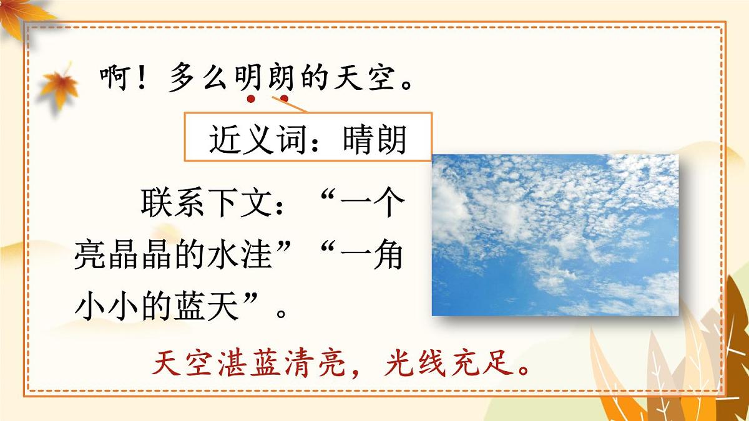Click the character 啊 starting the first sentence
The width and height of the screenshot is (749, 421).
click(114, 79)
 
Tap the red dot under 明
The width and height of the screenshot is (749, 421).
click(251, 98)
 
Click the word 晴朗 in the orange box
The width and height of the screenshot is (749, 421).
click(374, 139)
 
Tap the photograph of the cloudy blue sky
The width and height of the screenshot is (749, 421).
click(555, 235)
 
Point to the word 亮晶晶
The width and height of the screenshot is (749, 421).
click(122, 256)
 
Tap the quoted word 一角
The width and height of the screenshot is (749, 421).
click(371, 256)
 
